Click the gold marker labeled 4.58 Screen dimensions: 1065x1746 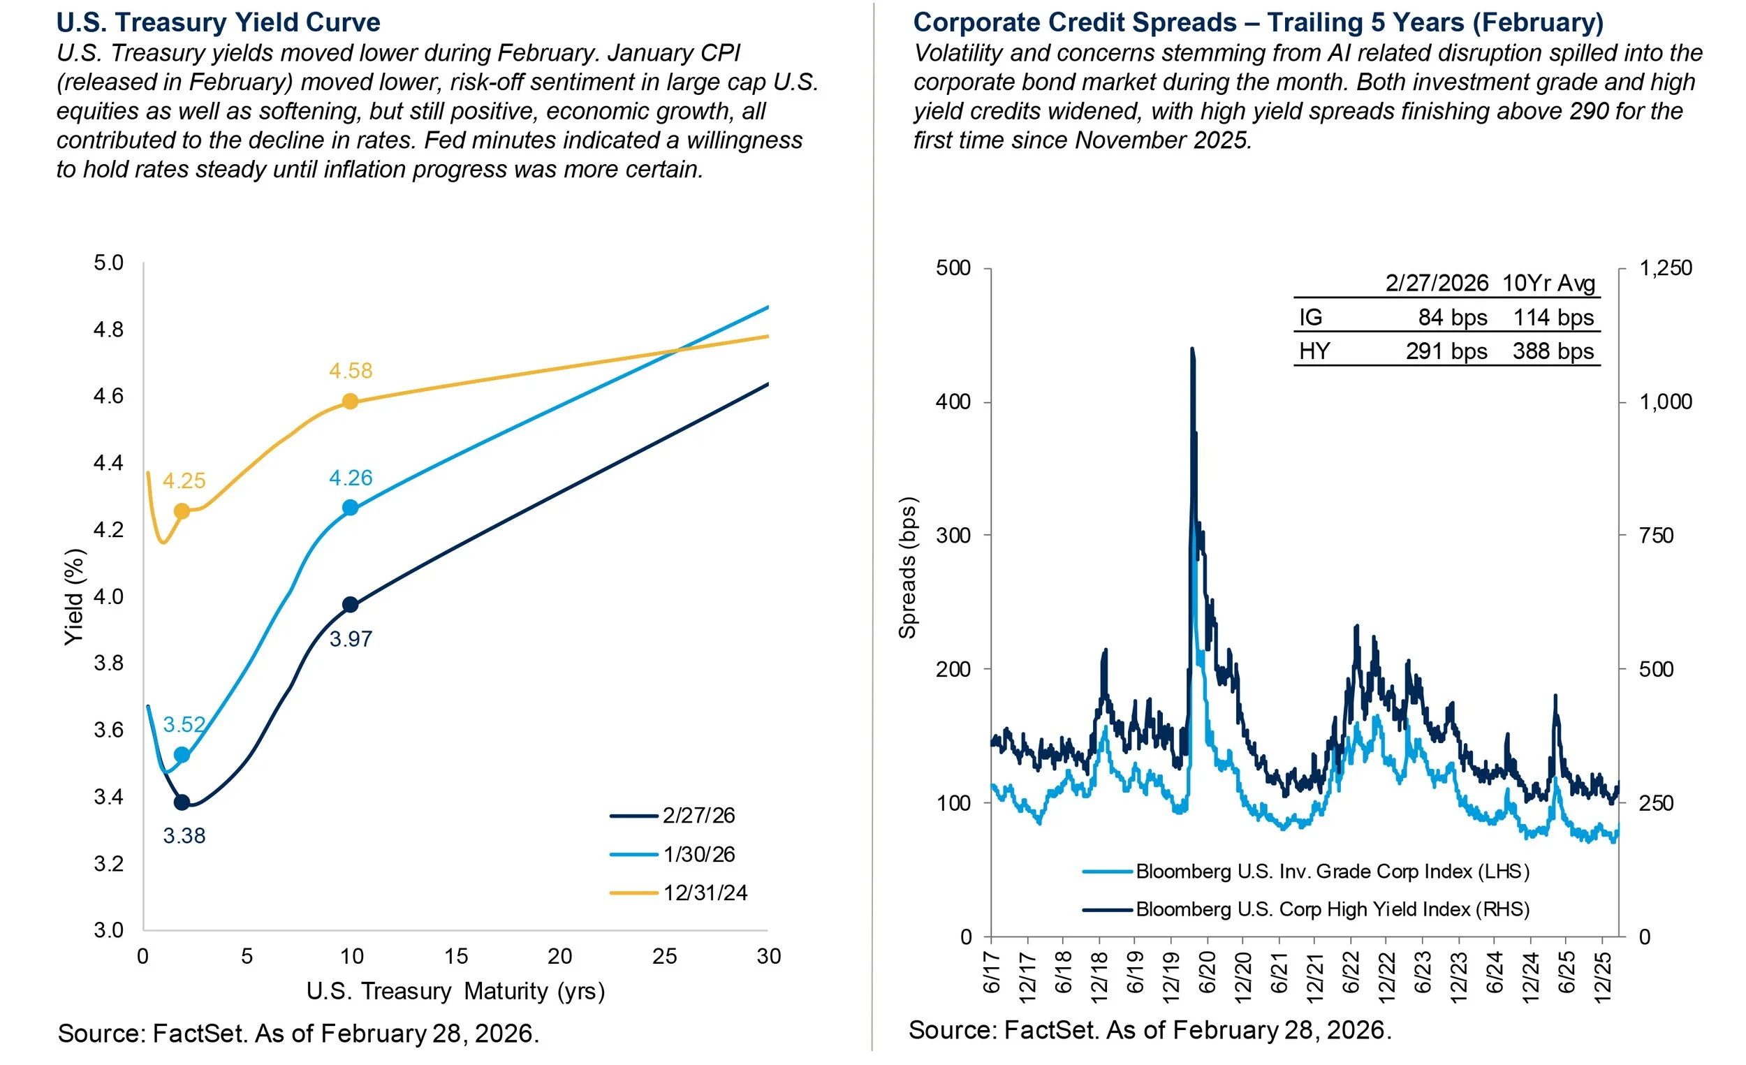point(350,402)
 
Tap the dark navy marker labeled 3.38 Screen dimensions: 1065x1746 point(182,803)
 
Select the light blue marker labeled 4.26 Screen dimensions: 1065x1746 point(350,508)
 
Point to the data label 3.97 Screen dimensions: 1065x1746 point(351,639)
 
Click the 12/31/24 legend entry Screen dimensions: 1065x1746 point(705,893)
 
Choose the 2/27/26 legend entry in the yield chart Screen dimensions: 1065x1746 point(698,816)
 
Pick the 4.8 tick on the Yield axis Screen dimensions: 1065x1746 point(108,330)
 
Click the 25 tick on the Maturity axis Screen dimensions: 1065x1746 point(665,957)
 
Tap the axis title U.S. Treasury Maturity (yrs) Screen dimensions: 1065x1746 point(455,990)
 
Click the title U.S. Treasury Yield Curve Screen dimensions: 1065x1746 point(218,22)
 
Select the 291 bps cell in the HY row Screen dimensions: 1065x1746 point(1446,351)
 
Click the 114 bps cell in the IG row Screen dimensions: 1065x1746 point(1553,317)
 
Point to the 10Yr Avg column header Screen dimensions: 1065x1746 point(1548,283)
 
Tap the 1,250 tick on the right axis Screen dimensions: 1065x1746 point(1665,268)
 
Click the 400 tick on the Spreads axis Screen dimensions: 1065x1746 point(953,402)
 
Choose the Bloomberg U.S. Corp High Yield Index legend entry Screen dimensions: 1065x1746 point(1332,909)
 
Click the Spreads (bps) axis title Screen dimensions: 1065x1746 point(908,567)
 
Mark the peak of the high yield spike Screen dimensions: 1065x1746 point(1192,348)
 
